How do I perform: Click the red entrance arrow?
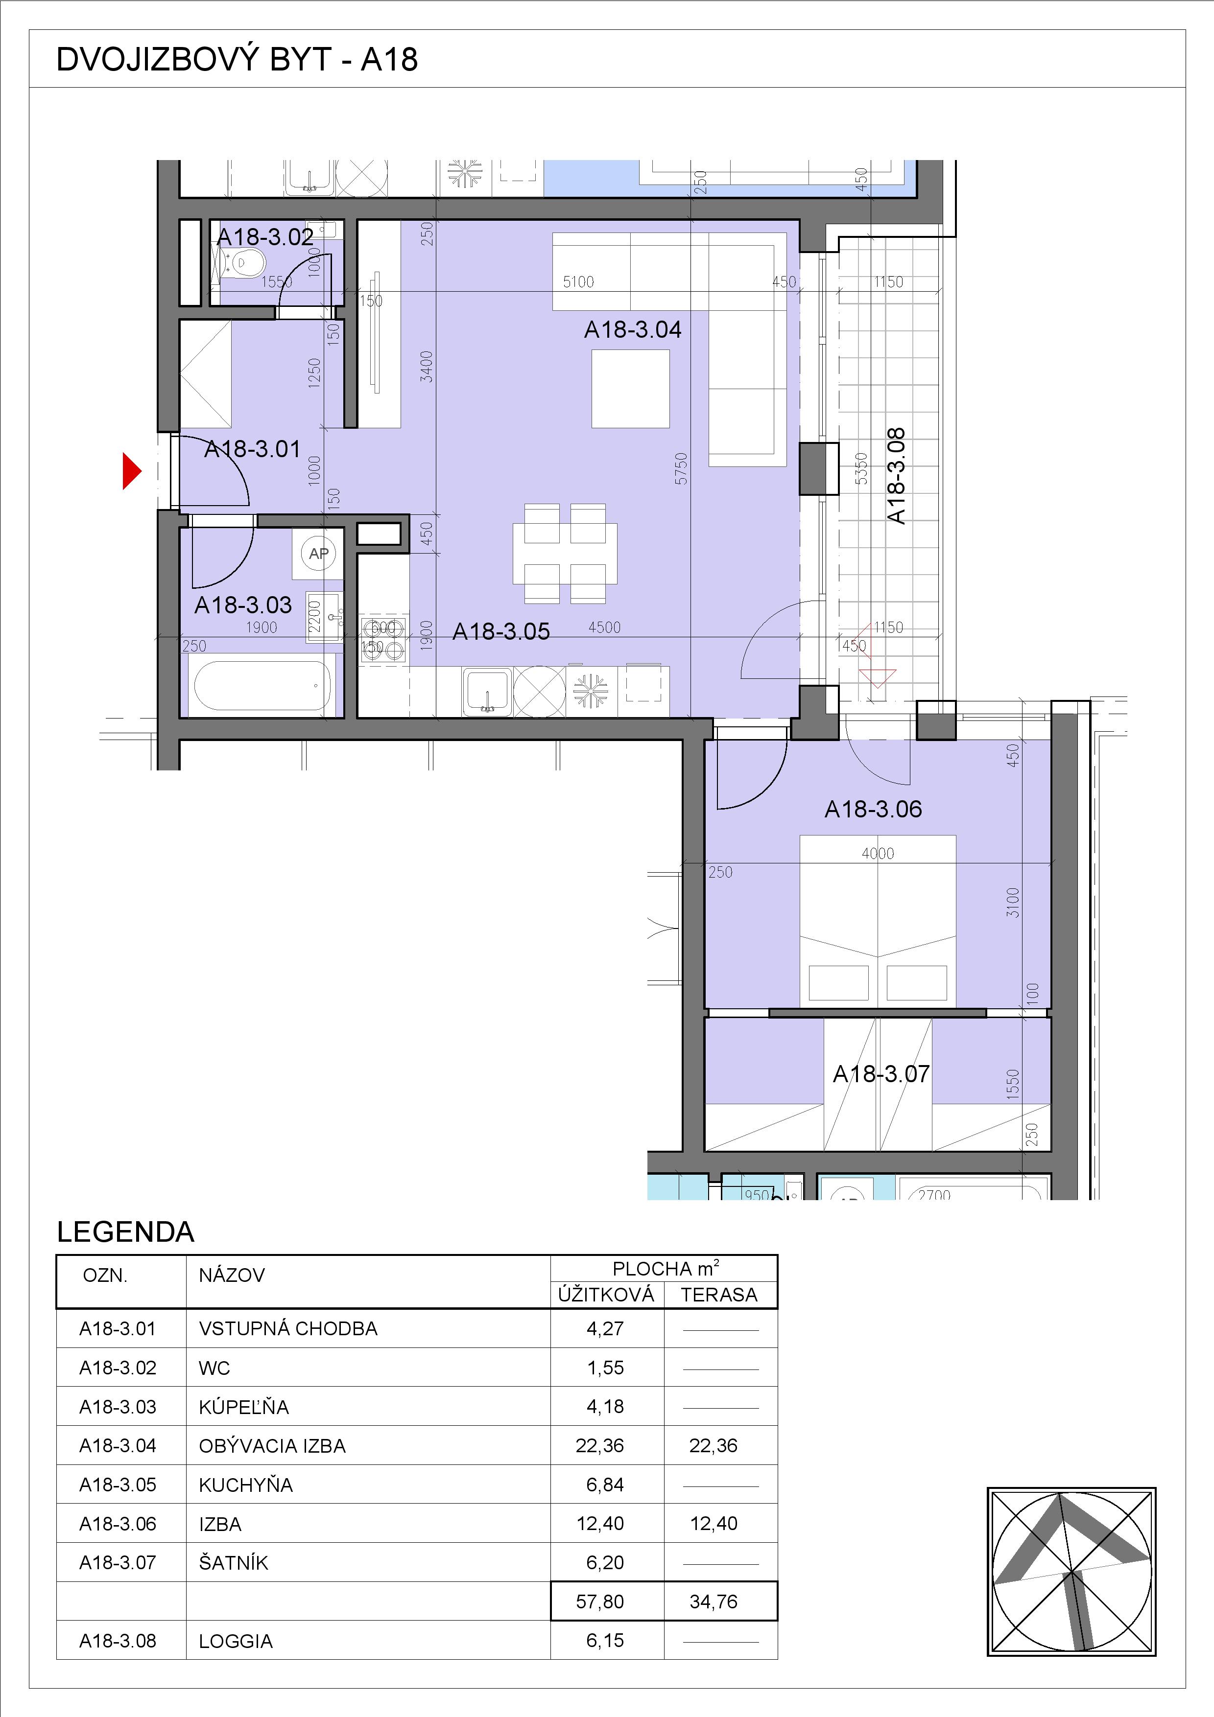tap(132, 471)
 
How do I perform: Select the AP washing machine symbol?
tap(319, 554)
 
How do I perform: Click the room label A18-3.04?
tap(633, 330)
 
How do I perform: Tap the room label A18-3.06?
tap(873, 809)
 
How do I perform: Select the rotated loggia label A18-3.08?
tap(895, 476)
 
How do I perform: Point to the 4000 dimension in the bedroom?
tap(878, 853)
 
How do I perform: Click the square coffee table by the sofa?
tap(631, 389)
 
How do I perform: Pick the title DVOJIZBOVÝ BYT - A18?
tap(237, 60)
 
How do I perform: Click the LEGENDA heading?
tap(126, 1231)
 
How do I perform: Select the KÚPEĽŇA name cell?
tap(244, 1407)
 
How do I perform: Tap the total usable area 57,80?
tap(600, 1601)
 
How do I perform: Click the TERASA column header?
tap(719, 1295)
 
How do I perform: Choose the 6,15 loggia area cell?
tap(605, 1640)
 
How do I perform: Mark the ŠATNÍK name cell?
tap(234, 1562)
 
